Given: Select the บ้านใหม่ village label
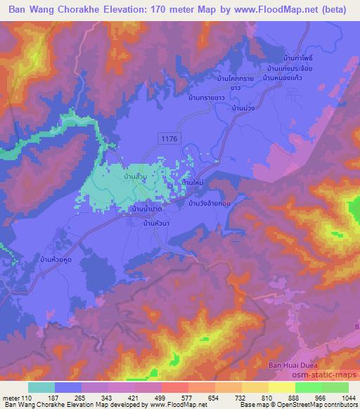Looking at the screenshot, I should tap(193, 182).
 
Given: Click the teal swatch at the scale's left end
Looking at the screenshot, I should tap(42, 387).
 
